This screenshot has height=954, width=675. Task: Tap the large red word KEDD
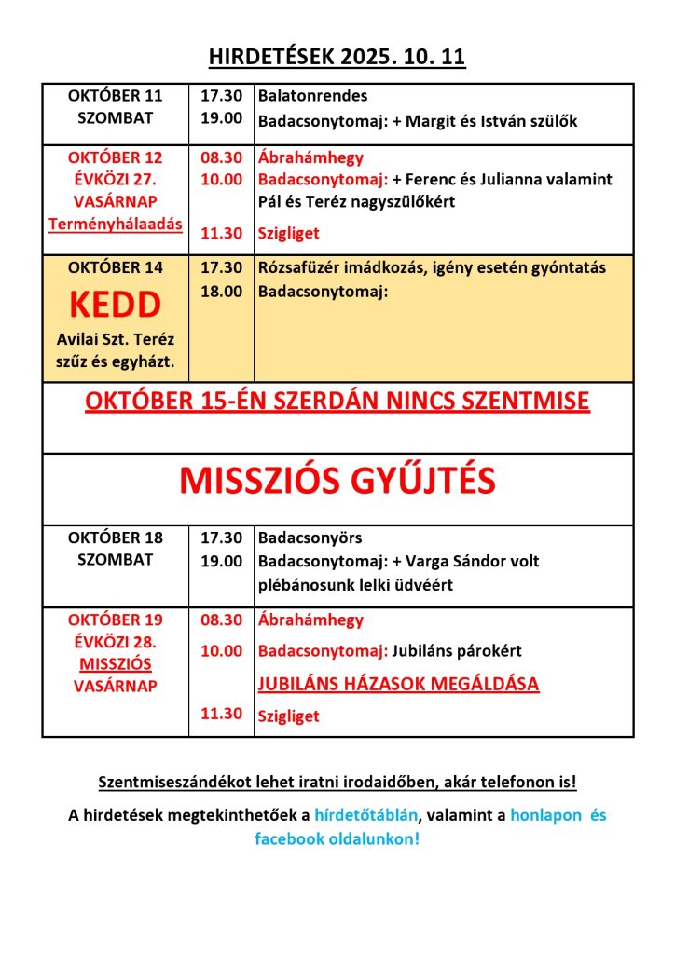115,304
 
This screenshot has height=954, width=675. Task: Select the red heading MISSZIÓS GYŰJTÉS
337,480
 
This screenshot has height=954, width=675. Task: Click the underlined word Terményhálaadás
116,224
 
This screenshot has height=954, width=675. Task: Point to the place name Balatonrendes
312,96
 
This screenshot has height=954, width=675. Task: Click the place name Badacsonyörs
310,538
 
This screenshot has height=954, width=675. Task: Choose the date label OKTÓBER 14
115,268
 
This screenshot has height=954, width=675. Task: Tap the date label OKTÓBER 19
115,620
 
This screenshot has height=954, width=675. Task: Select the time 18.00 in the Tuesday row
221,292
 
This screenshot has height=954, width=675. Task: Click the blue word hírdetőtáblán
366,815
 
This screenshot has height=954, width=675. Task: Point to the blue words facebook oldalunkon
337,838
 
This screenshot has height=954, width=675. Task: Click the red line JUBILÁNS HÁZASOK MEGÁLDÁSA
398,684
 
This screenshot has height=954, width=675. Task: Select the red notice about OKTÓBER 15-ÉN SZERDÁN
337,402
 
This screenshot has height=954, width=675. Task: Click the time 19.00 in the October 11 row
221,118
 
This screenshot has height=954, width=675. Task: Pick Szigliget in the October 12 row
288,233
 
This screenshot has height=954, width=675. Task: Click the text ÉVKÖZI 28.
115,643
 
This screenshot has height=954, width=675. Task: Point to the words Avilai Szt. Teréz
115,339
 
